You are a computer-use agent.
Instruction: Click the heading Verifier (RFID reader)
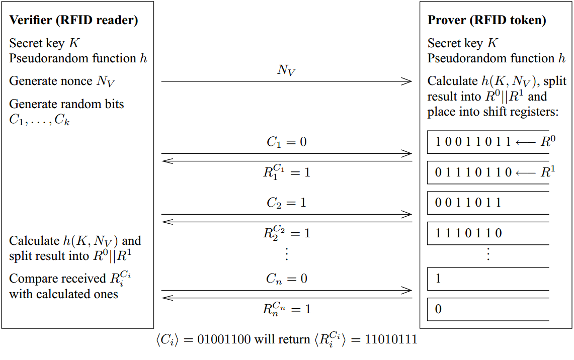(73, 21)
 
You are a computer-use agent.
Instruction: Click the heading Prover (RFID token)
(486, 21)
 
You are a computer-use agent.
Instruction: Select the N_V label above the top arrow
(286, 70)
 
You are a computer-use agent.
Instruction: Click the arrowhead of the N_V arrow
(407, 81)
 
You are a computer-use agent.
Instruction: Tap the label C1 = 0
(286, 142)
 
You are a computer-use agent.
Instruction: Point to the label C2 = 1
(286, 203)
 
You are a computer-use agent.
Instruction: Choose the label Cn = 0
(286, 279)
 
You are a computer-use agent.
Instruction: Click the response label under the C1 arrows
(286, 172)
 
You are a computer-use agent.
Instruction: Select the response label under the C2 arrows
(286, 233)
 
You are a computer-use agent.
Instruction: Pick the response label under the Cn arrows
(286, 309)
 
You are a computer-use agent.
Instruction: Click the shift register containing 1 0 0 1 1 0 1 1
(487, 142)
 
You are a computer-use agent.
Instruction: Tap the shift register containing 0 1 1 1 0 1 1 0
(487, 172)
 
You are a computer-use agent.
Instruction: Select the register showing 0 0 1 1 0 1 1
(487, 203)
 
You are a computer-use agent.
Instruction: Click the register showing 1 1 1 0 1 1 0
(487, 233)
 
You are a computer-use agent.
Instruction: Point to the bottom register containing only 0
(487, 309)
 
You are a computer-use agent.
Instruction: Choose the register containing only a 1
(487, 279)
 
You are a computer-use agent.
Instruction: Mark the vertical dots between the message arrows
(286, 254)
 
